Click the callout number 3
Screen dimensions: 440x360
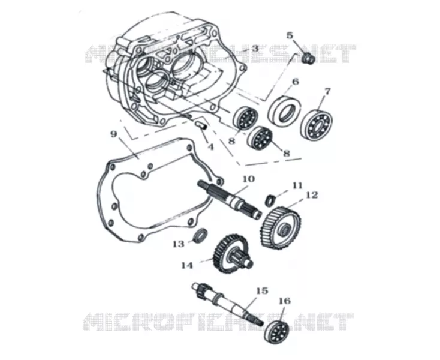[x=255, y=48]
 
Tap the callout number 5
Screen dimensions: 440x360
[x=290, y=35]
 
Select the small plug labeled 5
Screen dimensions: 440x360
[x=308, y=58]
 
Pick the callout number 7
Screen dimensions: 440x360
[x=327, y=92]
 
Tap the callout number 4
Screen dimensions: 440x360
[x=210, y=146]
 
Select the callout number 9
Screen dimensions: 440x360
[x=113, y=134]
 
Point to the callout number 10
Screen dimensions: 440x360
[x=248, y=179]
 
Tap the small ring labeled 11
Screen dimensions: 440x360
[x=270, y=200]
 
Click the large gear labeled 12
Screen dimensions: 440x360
[x=281, y=227]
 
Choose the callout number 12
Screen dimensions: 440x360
[x=312, y=195]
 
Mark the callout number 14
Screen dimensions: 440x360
[x=187, y=265]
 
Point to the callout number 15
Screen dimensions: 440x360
[x=262, y=290]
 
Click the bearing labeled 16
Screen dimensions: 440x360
[x=276, y=332]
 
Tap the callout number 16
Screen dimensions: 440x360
[x=285, y=301]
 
